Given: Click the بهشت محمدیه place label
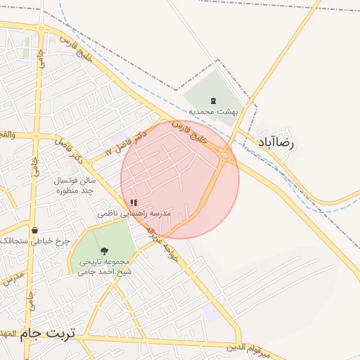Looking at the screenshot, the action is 213,111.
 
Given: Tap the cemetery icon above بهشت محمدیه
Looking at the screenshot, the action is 213,101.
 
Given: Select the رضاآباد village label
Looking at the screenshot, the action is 278,142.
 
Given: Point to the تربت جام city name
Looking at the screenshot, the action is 49,333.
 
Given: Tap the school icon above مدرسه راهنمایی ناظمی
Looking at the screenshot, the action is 134,202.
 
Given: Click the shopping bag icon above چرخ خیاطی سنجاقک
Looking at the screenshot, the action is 34,230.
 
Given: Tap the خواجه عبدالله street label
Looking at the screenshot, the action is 164,245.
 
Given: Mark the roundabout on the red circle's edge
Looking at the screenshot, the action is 224,155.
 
